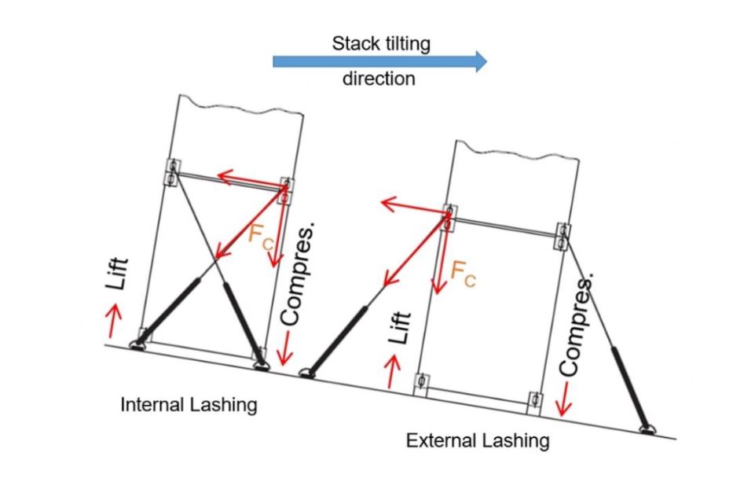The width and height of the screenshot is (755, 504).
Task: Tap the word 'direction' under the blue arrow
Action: [379, 79]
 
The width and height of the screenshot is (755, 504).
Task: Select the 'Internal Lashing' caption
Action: [189, 405]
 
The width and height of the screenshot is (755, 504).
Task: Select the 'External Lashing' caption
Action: [477, 440]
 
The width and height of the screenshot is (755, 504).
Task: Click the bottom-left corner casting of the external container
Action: [423, 384]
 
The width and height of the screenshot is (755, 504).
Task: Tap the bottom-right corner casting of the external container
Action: [535, 400]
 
